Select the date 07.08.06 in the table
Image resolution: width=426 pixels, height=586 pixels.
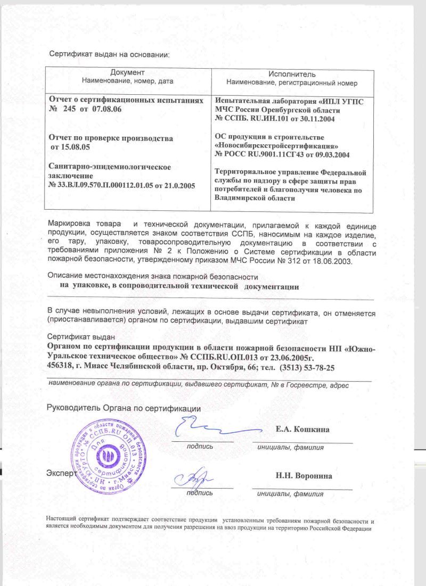[x=108, y=109]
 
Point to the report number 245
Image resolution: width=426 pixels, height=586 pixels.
[x=70, y=109]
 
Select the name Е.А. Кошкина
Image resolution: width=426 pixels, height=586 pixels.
[x=302, y=430]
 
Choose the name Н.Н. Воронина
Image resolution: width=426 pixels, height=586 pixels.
[x=302, y=476]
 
